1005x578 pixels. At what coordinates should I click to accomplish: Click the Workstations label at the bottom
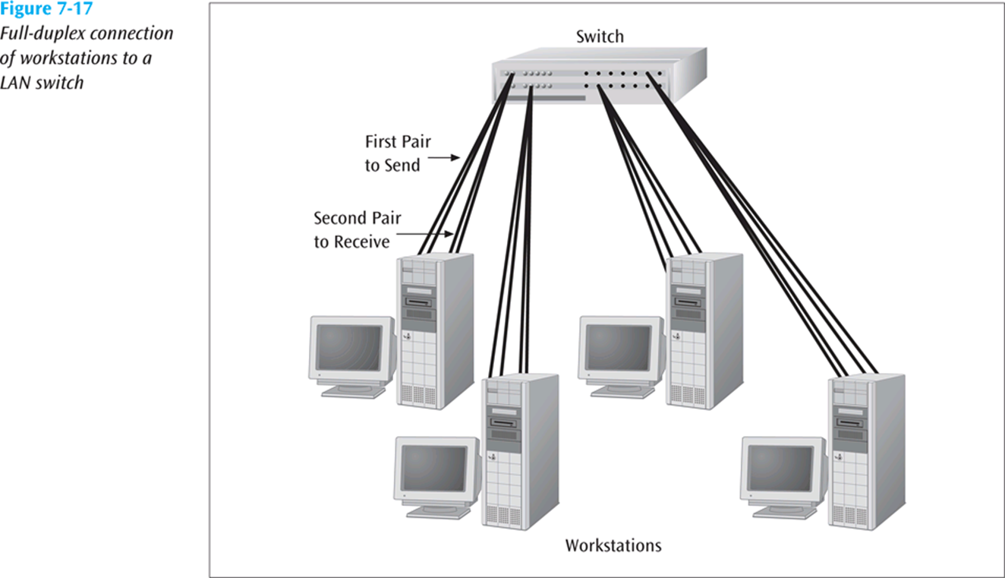click(x=613, y=545)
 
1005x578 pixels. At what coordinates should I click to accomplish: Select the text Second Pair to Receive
click(x=357, y=230)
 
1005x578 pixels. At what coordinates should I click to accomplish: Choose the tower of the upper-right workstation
click(x=703, y=330)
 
